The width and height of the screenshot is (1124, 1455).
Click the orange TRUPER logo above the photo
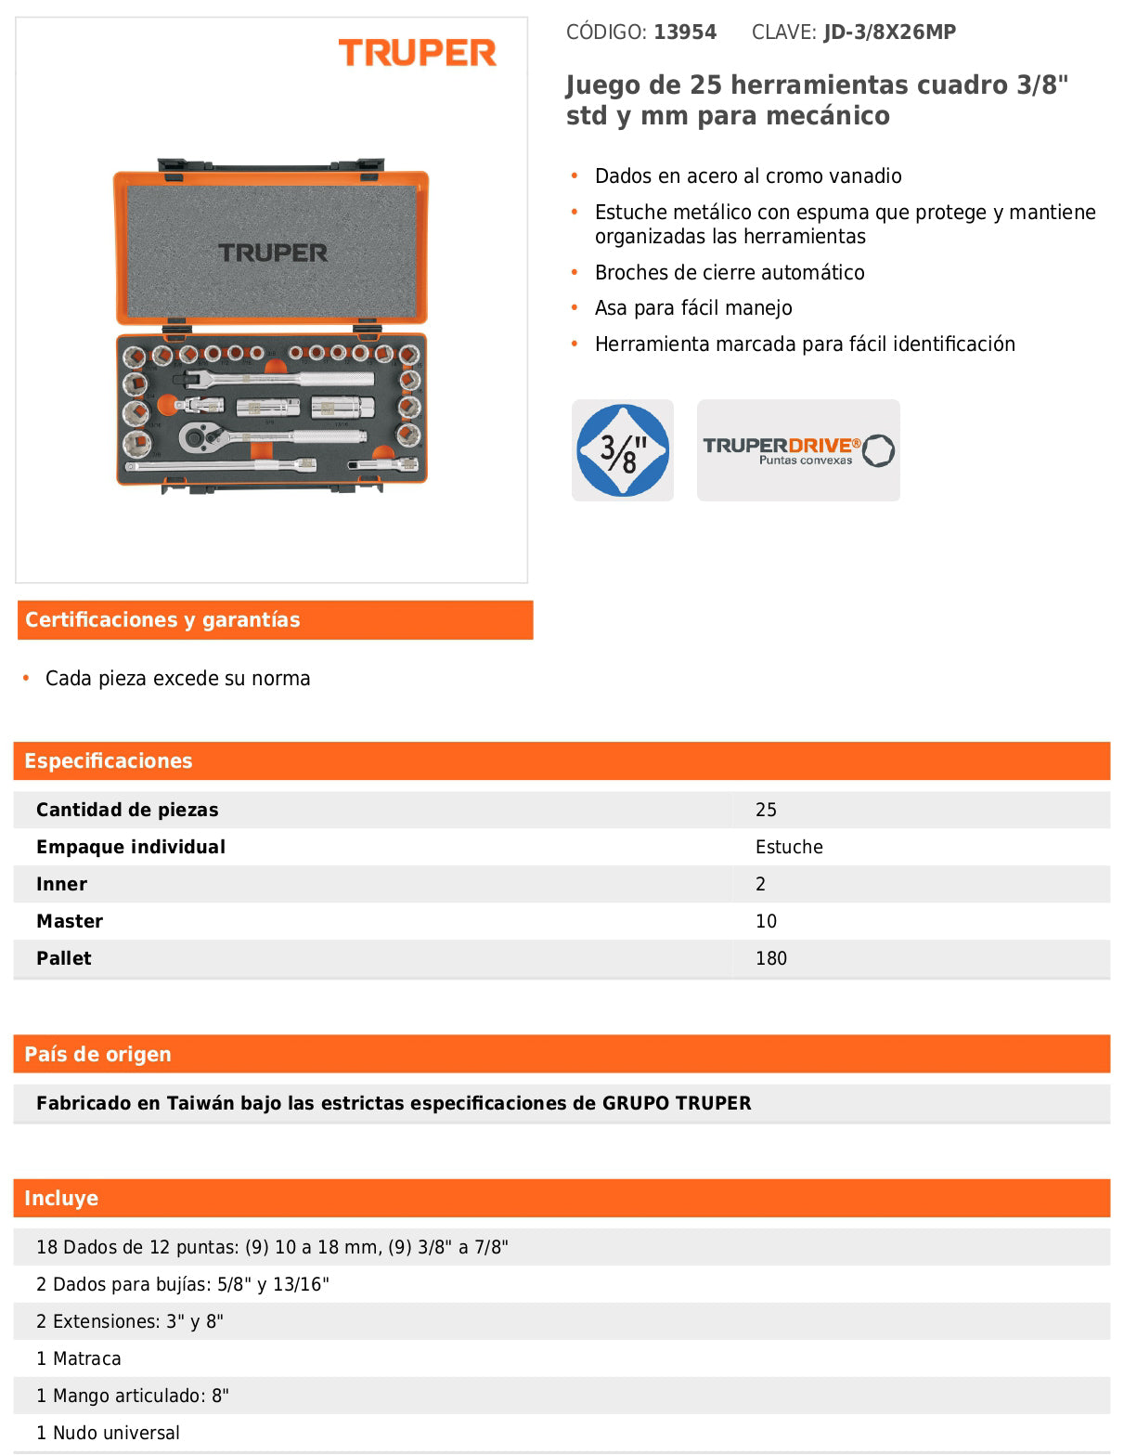click(417, 53)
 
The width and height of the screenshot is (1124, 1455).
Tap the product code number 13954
click(685, 32)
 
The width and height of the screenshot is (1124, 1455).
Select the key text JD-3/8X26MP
click(889, 32)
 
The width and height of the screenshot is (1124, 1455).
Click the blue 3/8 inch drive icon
click(622, 450)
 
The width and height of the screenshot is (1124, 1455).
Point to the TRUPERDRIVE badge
click(798, 450)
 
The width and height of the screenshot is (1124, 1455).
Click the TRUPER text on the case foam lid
click(273, 253)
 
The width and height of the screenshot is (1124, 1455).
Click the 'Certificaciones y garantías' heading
click(162, 620)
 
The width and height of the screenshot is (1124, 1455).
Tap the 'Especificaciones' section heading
click(109, 761)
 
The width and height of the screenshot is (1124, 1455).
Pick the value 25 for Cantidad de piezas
click(766, 810)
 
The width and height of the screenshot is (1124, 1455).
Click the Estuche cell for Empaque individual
click(789, 847)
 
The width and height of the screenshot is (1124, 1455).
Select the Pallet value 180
click(770, 958)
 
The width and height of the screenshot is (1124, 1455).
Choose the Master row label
click(70, 921)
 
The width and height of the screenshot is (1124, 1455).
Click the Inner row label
click(61, 884)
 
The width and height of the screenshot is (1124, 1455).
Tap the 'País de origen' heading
click(97, 1055)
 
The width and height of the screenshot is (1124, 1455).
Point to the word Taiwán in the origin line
click(200, 1103)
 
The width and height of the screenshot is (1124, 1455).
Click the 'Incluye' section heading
click(61, 1199)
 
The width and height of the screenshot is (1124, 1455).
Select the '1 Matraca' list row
click(79, 1358)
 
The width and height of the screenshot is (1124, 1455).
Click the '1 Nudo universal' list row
click(108, 1433)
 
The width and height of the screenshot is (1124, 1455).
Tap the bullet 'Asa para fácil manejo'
click(693, 308)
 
